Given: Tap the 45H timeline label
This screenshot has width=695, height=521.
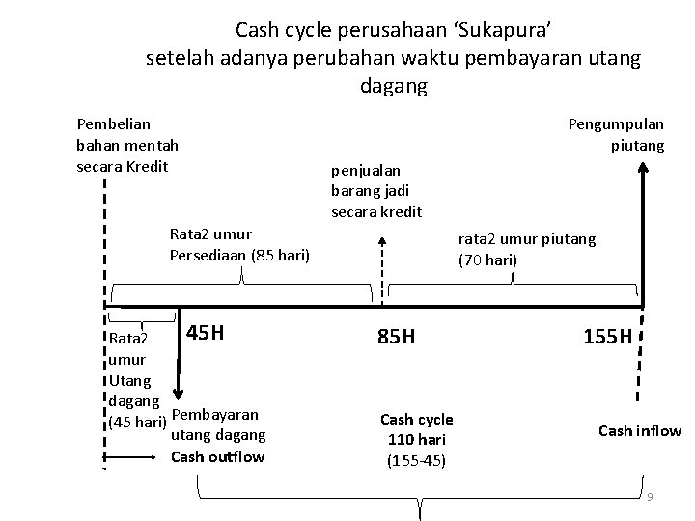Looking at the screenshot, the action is point(206,334).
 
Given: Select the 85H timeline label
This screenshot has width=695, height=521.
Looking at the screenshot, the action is point(396,337).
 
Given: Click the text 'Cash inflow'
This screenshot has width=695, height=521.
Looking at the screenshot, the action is point(640,431).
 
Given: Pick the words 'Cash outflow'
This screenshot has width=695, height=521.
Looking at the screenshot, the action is point(217,456).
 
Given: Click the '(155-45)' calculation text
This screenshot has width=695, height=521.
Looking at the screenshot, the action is point(416,460).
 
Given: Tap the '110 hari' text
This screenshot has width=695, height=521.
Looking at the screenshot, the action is point(416,440).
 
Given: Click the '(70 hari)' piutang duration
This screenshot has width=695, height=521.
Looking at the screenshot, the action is point(488,260).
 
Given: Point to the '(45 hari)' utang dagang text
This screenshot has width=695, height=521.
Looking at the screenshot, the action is point(135,423).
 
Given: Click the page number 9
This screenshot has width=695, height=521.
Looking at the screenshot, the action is point(651,496).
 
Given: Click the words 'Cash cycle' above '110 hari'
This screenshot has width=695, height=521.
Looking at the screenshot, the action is point(416,420).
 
